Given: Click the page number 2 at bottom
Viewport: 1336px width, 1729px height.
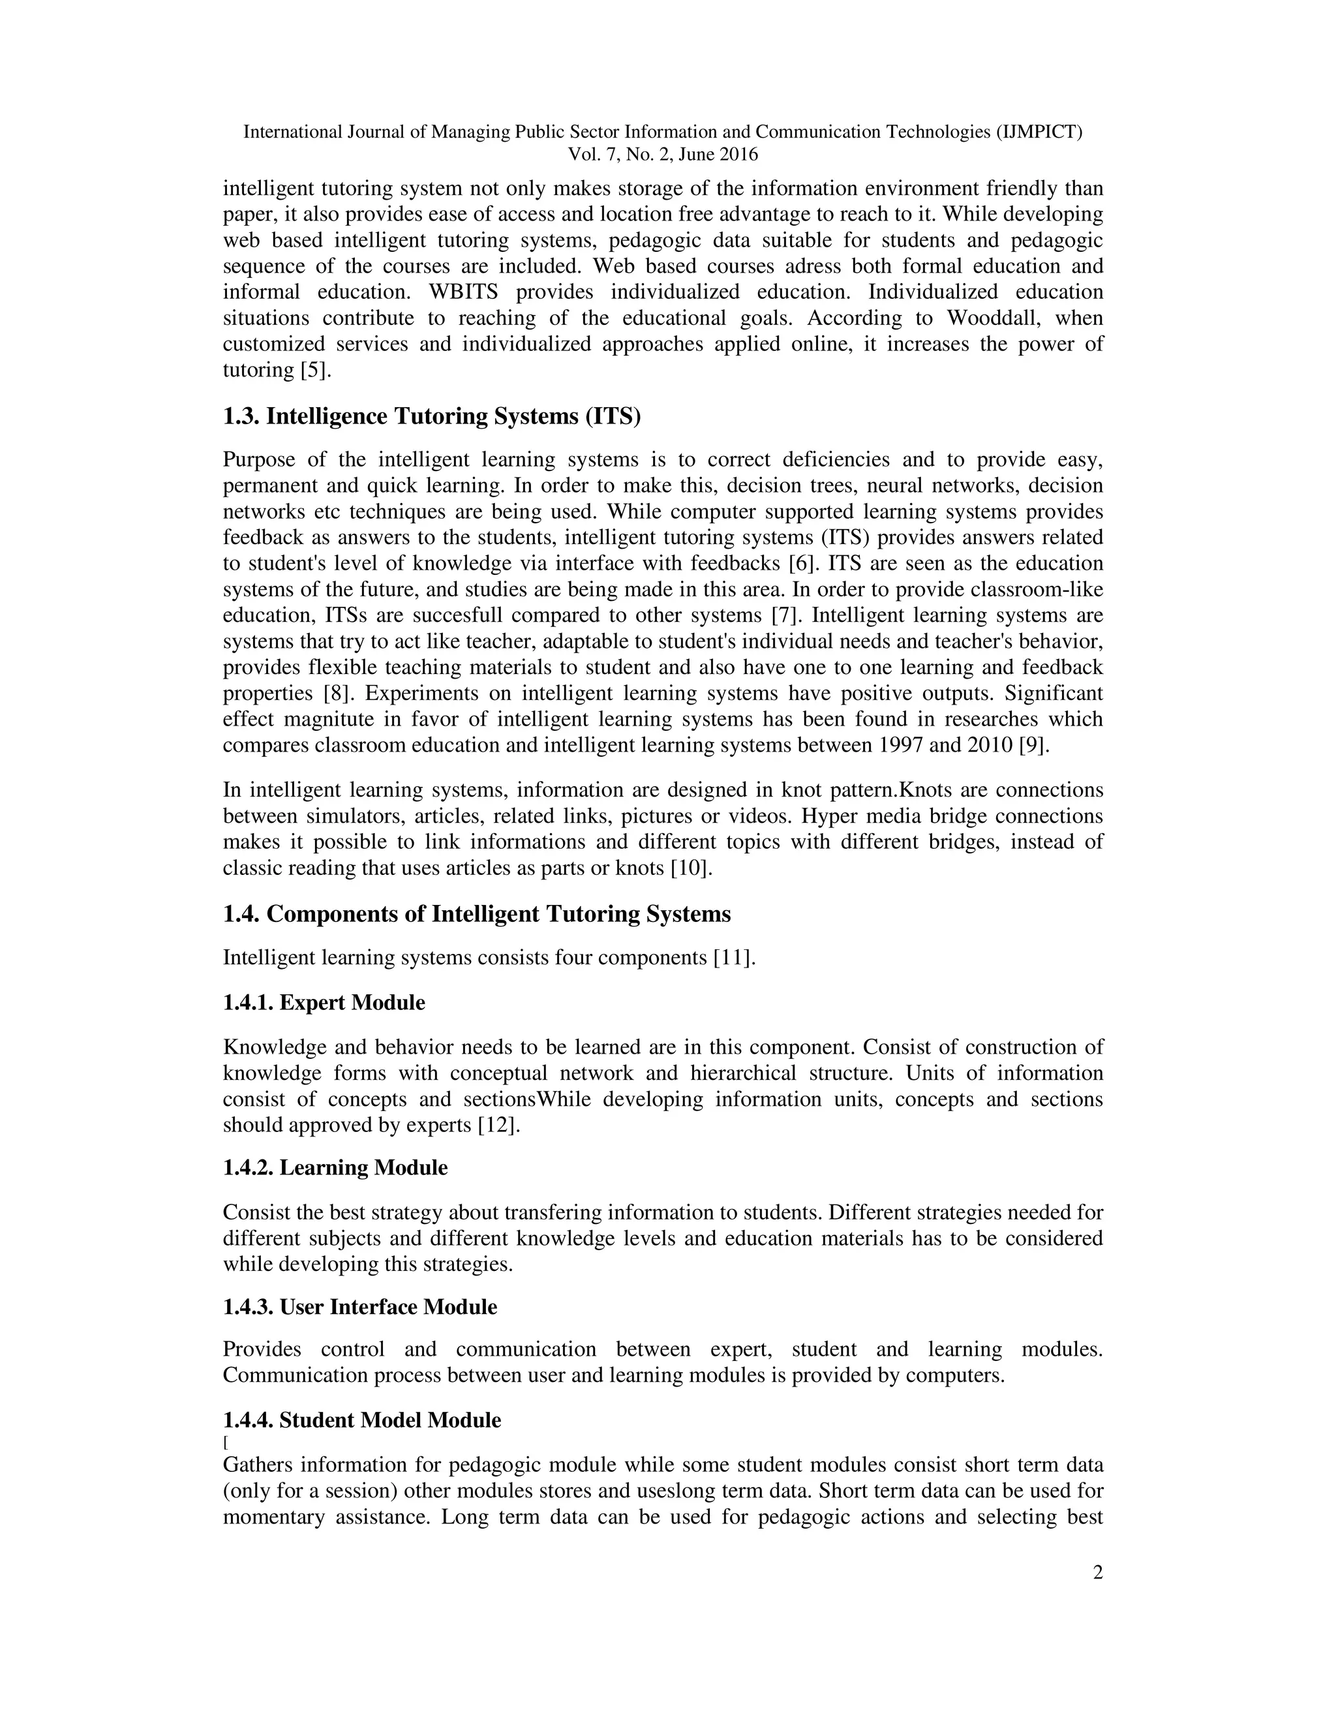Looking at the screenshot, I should click(1097, 1572).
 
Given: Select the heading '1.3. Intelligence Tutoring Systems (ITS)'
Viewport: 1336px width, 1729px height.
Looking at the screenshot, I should click(431, 416).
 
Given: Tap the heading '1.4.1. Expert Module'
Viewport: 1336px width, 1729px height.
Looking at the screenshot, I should click(324, 1003).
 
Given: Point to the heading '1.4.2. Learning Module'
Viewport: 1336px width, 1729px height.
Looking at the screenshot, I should click(335, 1168).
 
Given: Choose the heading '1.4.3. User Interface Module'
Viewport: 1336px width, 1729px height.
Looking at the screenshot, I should click(359, 1307).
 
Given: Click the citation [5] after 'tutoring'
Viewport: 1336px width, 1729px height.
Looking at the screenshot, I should click(315, 371).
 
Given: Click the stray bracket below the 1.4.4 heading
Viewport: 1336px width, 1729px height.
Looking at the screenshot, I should click(226, 1442).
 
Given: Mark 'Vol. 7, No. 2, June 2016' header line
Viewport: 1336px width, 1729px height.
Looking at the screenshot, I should click(663, 155).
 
